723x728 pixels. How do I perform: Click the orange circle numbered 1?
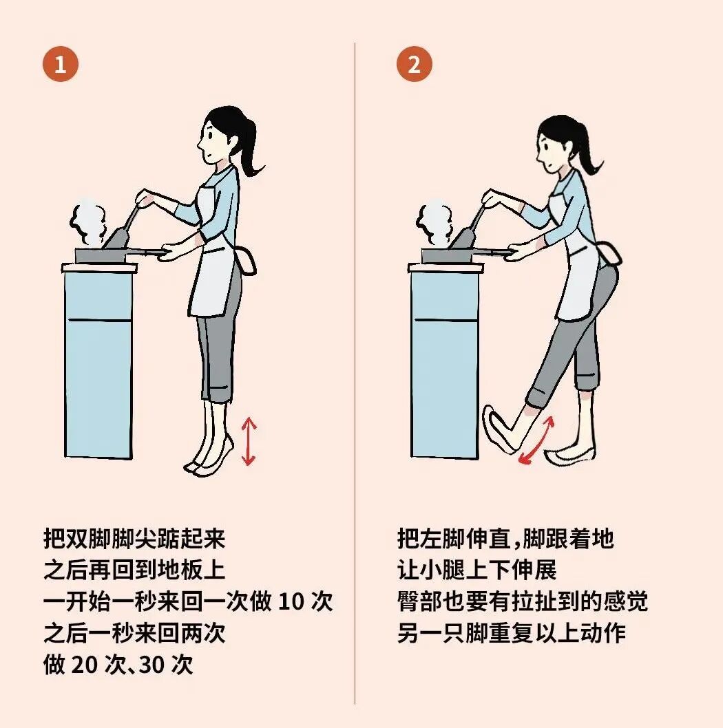coord(61,65)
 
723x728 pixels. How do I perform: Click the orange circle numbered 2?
coord(414,65)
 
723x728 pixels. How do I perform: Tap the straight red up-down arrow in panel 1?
coord(249,441)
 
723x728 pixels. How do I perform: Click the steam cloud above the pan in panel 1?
coord(87,222)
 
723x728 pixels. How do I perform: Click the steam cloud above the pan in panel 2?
coord(434,222)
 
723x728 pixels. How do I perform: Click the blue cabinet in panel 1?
coord(98,365)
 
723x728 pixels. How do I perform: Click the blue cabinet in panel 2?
coord(444,365)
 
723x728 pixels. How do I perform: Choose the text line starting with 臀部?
coord(522,601)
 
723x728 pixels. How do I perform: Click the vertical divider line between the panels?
coord(355,372)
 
